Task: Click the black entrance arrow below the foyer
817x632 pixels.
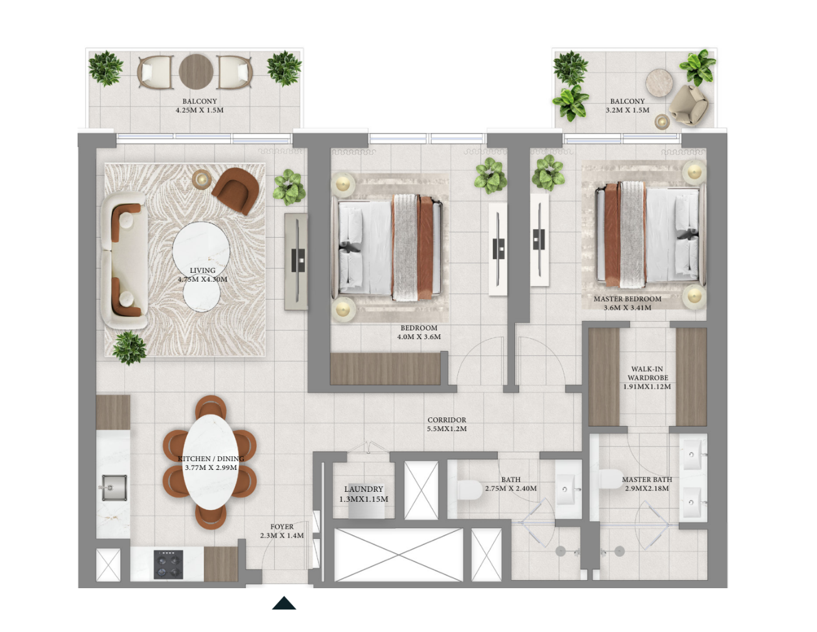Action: [x=284, y=603]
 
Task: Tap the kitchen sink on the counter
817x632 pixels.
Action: [x=114, y=487]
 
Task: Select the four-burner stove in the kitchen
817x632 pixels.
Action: [x=168, y=564]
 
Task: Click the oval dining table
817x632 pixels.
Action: [x=211, y=462]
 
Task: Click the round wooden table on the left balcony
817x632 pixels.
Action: [x=196, y=71]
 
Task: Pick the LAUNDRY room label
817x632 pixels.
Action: [x=363, y=489]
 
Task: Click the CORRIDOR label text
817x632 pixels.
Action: [x=447, y=420]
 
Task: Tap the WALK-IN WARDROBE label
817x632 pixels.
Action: [x=647, y=374]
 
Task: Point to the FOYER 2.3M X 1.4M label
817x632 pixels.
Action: [x=282, y=531]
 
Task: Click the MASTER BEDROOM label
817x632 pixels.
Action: [x=627, y=299]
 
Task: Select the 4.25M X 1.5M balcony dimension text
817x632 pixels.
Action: [x=200, y=110]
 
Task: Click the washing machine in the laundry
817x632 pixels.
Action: [x=367, y=501]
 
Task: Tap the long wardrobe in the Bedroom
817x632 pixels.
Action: [x=385, y=369]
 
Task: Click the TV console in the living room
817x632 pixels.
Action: [x=297, y=262]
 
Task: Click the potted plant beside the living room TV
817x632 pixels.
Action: [x=289, y=187]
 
